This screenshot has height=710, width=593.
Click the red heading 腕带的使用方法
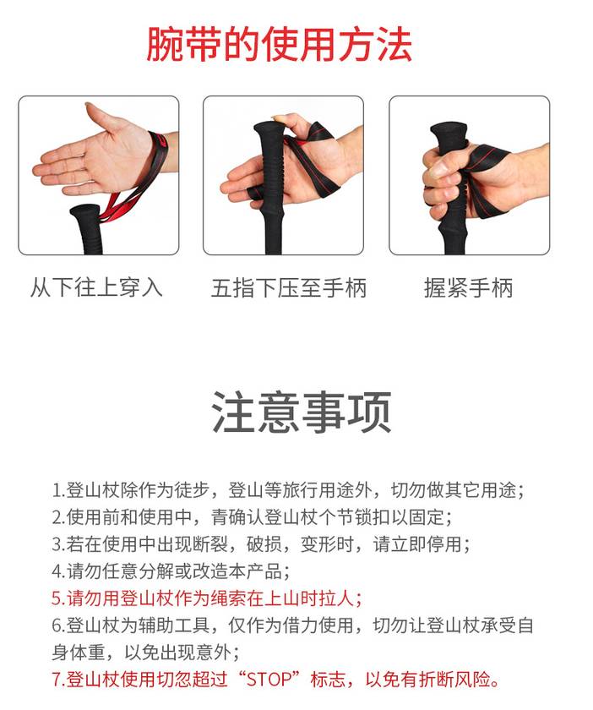click(x=280, y=44)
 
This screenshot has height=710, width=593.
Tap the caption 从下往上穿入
click(x=96, y=288)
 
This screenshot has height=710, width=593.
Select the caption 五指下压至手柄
click(x=289, y=288)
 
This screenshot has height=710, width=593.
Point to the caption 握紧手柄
click(x=469, y=288)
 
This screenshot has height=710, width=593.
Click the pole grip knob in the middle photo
click(x=269, y=130)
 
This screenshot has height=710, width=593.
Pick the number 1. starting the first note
click(x=59, y=491)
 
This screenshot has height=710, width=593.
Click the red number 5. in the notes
click(x=59, y=599)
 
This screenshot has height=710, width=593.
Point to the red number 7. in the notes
click(x=59, y=680)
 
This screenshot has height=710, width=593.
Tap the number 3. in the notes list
click(x=59, y=544)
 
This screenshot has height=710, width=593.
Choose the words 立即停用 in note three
click(x=426, y=544)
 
